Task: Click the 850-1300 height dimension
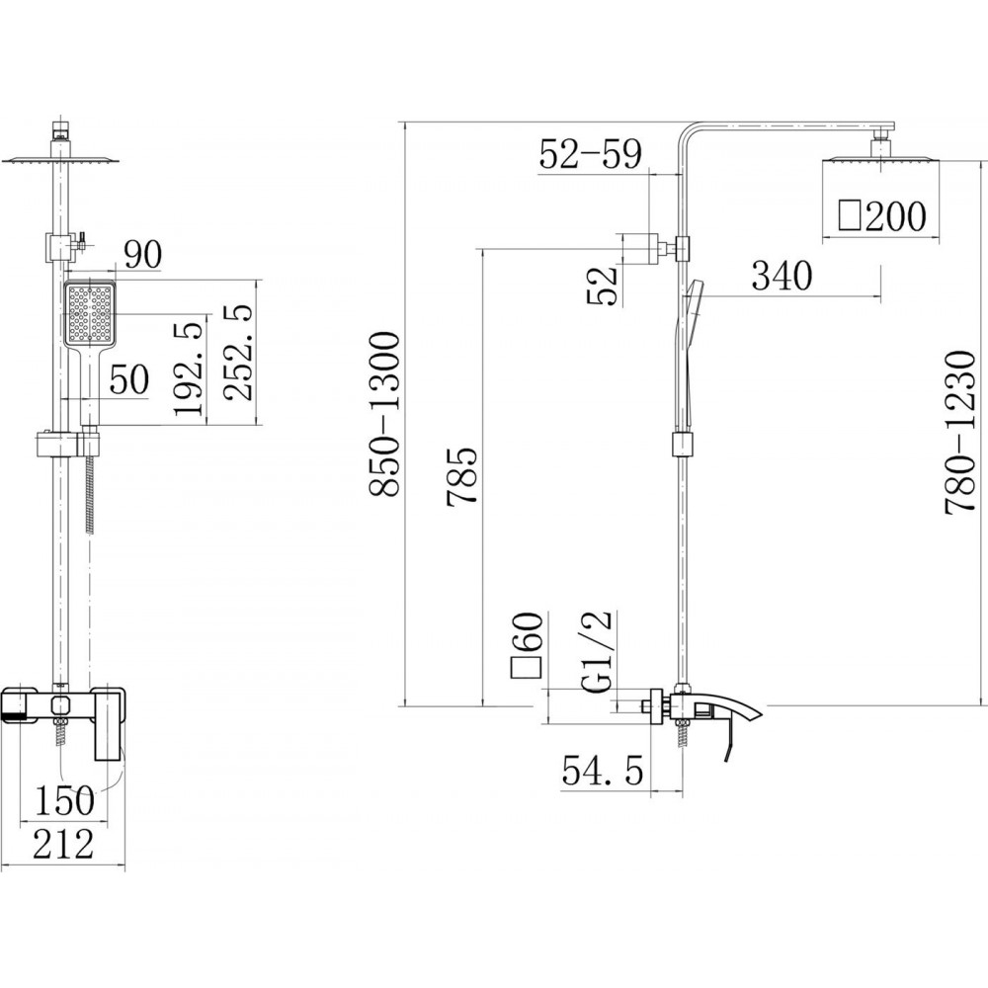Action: click(x=384, y=415)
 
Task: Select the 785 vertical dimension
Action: click(x=461, y=477)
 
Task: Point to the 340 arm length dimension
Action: click(x=782, y=276)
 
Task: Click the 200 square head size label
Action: click(x=882, y=216)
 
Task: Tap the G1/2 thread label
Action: click(x=596, y=651)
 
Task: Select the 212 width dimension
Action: click(x=63, y=844)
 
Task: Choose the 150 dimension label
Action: click(x=63, y=800)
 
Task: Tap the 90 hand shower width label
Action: click(x=142, y=254)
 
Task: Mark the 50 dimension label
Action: click(x=129, y=379)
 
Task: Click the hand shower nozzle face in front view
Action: click(x=90, y=314)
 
